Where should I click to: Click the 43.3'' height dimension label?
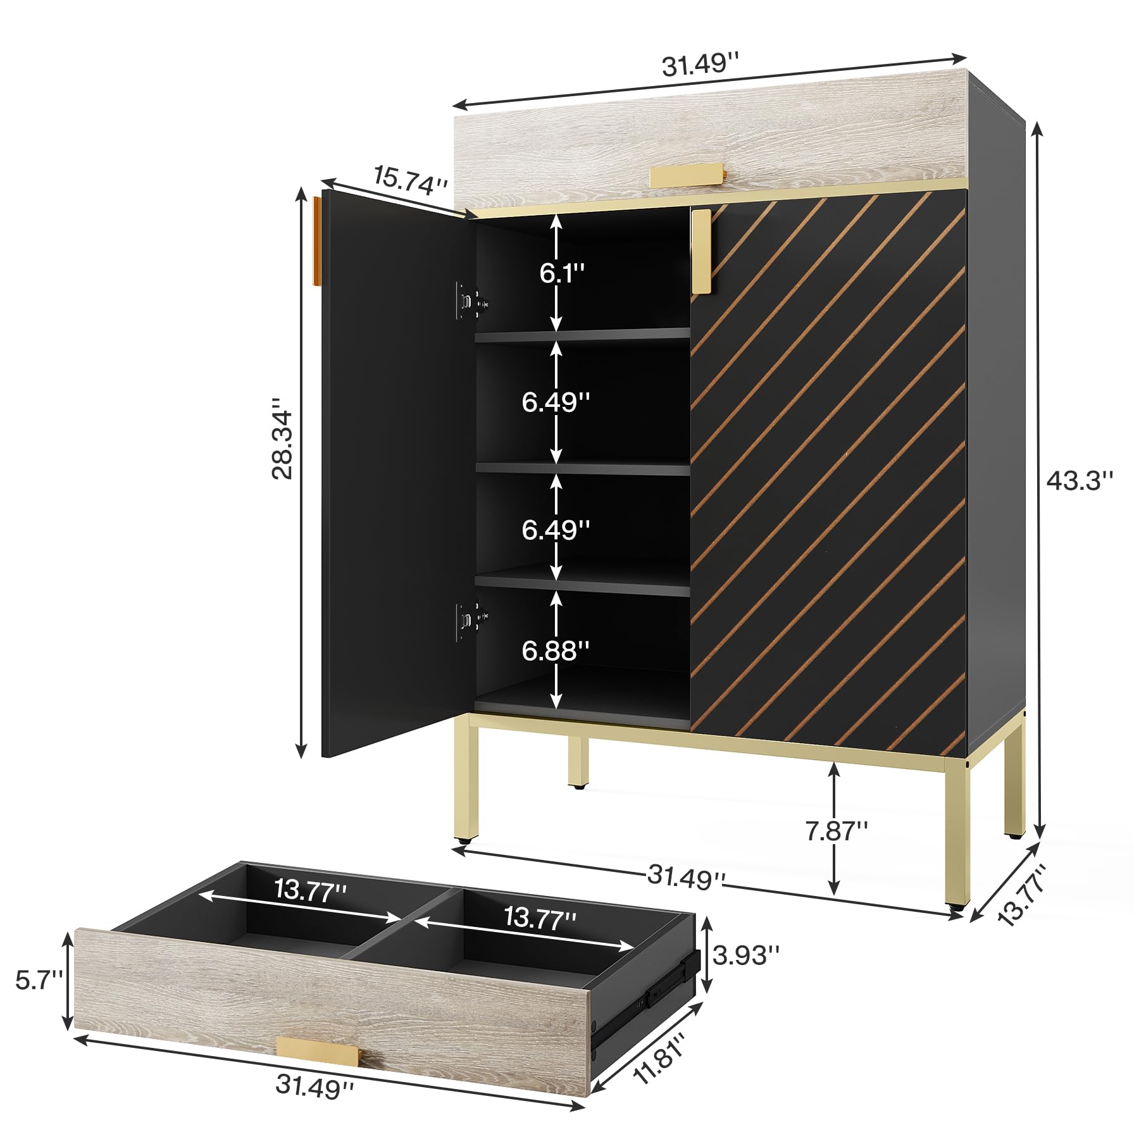point(1079,481)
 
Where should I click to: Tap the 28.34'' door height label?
point(283,438)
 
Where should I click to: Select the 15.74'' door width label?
point(411,180)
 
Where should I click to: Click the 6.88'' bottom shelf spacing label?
point(556,650)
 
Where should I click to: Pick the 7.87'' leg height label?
point(837,831)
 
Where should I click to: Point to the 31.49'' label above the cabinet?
point(700,63)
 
